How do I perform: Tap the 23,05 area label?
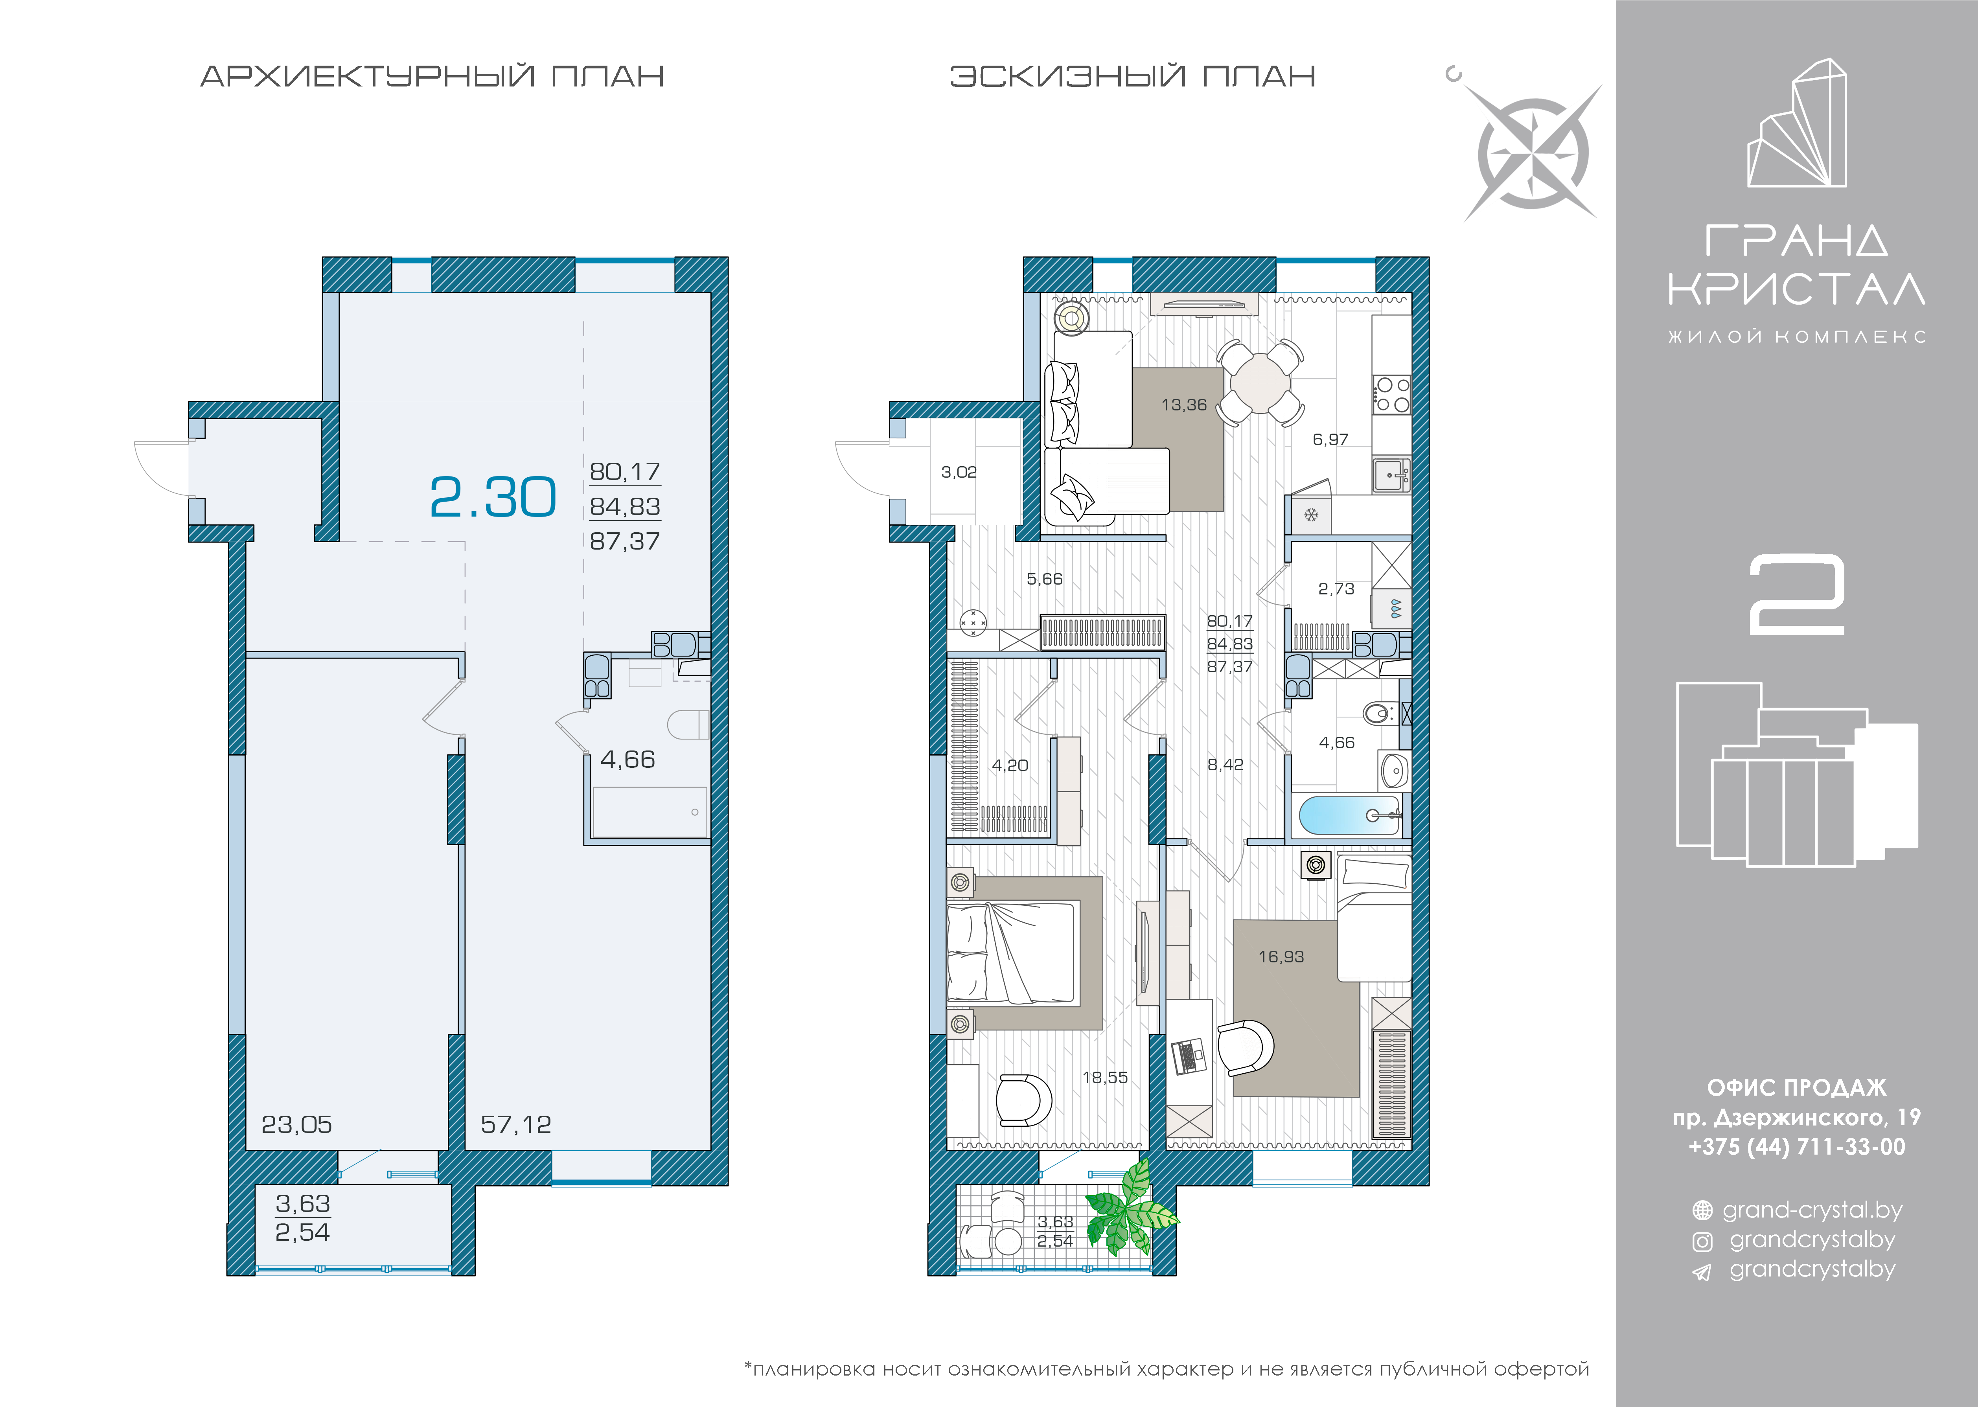click(296, 1125)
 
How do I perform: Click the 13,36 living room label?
click(1183, 405)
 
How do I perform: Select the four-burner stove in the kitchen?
click(1391, 394)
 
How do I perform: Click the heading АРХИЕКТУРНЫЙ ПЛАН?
click(432, 76)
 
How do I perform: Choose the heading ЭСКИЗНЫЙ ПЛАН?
click(1132, 76)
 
